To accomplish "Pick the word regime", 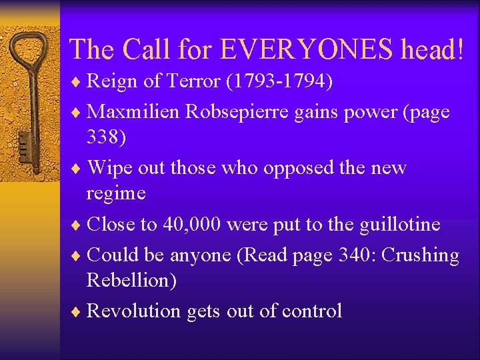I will pos(116,193).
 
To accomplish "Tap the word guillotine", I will pos(399,225).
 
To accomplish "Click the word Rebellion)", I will pos(132,281).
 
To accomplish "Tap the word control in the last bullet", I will pos(312,311).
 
